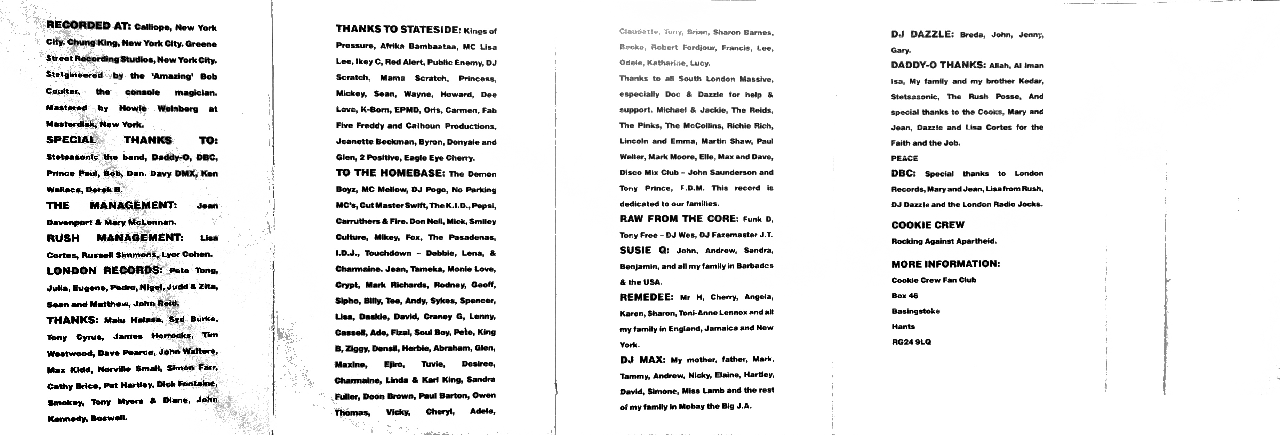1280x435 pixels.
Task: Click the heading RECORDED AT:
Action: click(x=88, y=25)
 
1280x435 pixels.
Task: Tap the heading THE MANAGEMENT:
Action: click(x=111, y=205)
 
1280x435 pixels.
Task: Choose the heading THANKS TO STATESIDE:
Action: click(x=399, y=29)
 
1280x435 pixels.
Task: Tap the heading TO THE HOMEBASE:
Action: click(x=390, y=173)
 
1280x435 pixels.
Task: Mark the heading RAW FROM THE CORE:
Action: click(x=679, y=219)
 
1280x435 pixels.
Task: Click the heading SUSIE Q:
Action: click(x=644, y=250)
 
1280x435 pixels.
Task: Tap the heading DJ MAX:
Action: click(x=642, y=360)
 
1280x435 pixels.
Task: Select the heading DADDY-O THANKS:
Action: click(x=938, y=65)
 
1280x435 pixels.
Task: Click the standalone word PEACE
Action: click(x=904, y=158)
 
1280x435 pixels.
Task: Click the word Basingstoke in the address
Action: click(x=915, y=311)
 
